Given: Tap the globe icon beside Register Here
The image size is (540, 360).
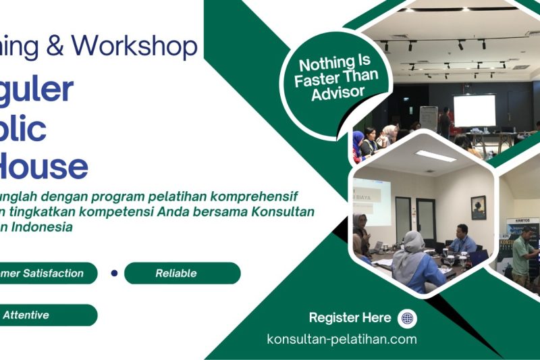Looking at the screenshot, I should [x=407, y=318].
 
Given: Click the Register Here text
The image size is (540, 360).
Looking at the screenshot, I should [x=350, y=318].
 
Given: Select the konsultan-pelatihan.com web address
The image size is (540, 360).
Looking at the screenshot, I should [x=342, y=339].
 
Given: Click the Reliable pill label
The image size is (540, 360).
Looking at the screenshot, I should [x=176, y=274].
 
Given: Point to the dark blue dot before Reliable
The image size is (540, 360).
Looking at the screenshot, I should [x=114, y=274].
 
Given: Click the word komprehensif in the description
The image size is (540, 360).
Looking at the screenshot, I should [x=256, y=197].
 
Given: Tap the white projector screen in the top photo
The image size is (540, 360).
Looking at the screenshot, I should [x=474, y=111].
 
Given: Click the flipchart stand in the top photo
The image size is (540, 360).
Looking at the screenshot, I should [x=428, y=118].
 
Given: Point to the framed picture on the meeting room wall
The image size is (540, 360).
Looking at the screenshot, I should [x=478, y=207].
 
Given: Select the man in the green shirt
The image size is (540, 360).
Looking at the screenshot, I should [x=522, y=253].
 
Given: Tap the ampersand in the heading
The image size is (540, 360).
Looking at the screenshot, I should [x=57, y=45].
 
